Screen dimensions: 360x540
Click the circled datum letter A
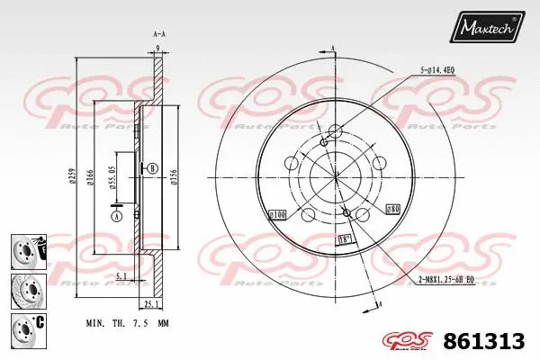click(116, 215)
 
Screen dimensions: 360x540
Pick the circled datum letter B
click(152, 167)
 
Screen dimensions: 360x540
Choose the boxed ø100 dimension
click(277, 215)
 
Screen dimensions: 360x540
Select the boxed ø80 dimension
click(393, 209)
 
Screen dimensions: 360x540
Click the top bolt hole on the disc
click(336, 129)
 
